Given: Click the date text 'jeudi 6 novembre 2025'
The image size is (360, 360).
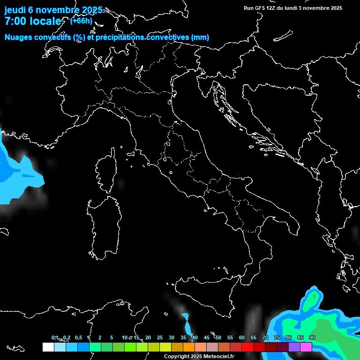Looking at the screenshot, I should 53,10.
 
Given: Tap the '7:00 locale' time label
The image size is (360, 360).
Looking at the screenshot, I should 33,21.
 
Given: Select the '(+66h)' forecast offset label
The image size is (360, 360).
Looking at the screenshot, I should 81,21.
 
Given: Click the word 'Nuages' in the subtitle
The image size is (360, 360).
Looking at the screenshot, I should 19,37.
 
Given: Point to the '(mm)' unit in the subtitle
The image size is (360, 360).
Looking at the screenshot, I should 200,37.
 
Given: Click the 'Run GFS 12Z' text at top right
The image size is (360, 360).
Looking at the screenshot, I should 262,8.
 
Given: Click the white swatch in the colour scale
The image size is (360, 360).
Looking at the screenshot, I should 48,347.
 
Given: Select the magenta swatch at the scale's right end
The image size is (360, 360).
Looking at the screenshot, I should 306,347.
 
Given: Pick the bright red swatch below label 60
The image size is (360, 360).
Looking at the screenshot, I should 247,347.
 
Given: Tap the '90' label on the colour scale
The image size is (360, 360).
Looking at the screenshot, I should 312,337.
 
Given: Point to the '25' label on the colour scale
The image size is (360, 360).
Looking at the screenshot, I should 160,337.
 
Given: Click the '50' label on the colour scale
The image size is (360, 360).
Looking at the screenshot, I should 218,337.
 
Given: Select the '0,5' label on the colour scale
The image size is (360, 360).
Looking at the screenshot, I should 78,337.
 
